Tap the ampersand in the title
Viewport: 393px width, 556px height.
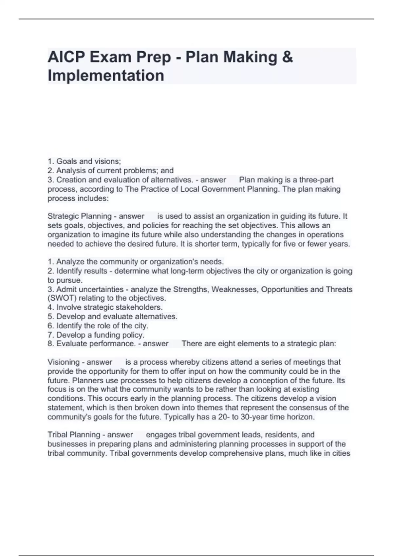pos(287,57)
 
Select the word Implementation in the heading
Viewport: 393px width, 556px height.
pos(106,76)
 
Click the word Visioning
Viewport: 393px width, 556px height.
pos(64,362)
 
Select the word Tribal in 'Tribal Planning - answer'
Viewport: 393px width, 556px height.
pos(57,435)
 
